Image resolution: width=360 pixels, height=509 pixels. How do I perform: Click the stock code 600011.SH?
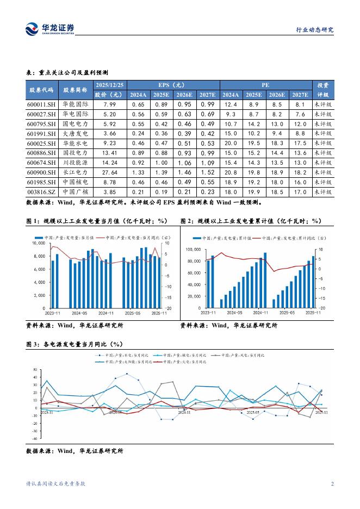coord(41,104)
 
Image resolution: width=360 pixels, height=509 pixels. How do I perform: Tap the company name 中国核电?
coord(75,182)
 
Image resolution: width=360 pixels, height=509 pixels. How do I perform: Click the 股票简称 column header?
coord(75,90)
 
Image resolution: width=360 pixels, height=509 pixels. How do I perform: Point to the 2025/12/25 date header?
coord(109,85)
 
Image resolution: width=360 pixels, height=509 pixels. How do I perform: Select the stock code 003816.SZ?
coord(41,192)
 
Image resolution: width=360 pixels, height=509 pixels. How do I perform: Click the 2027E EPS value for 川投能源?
coord(207,163)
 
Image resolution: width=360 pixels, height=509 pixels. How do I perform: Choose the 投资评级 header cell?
coord(322,90)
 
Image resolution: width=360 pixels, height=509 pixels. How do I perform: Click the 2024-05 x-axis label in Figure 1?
coord(79,313)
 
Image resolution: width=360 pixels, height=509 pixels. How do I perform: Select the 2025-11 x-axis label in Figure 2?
coord(313,313)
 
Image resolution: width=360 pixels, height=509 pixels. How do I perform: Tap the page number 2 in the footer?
coord(332,484)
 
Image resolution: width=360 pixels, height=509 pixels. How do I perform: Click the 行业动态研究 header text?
coord(314,30)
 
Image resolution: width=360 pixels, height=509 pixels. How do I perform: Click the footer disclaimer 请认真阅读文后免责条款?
coord(56,484)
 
